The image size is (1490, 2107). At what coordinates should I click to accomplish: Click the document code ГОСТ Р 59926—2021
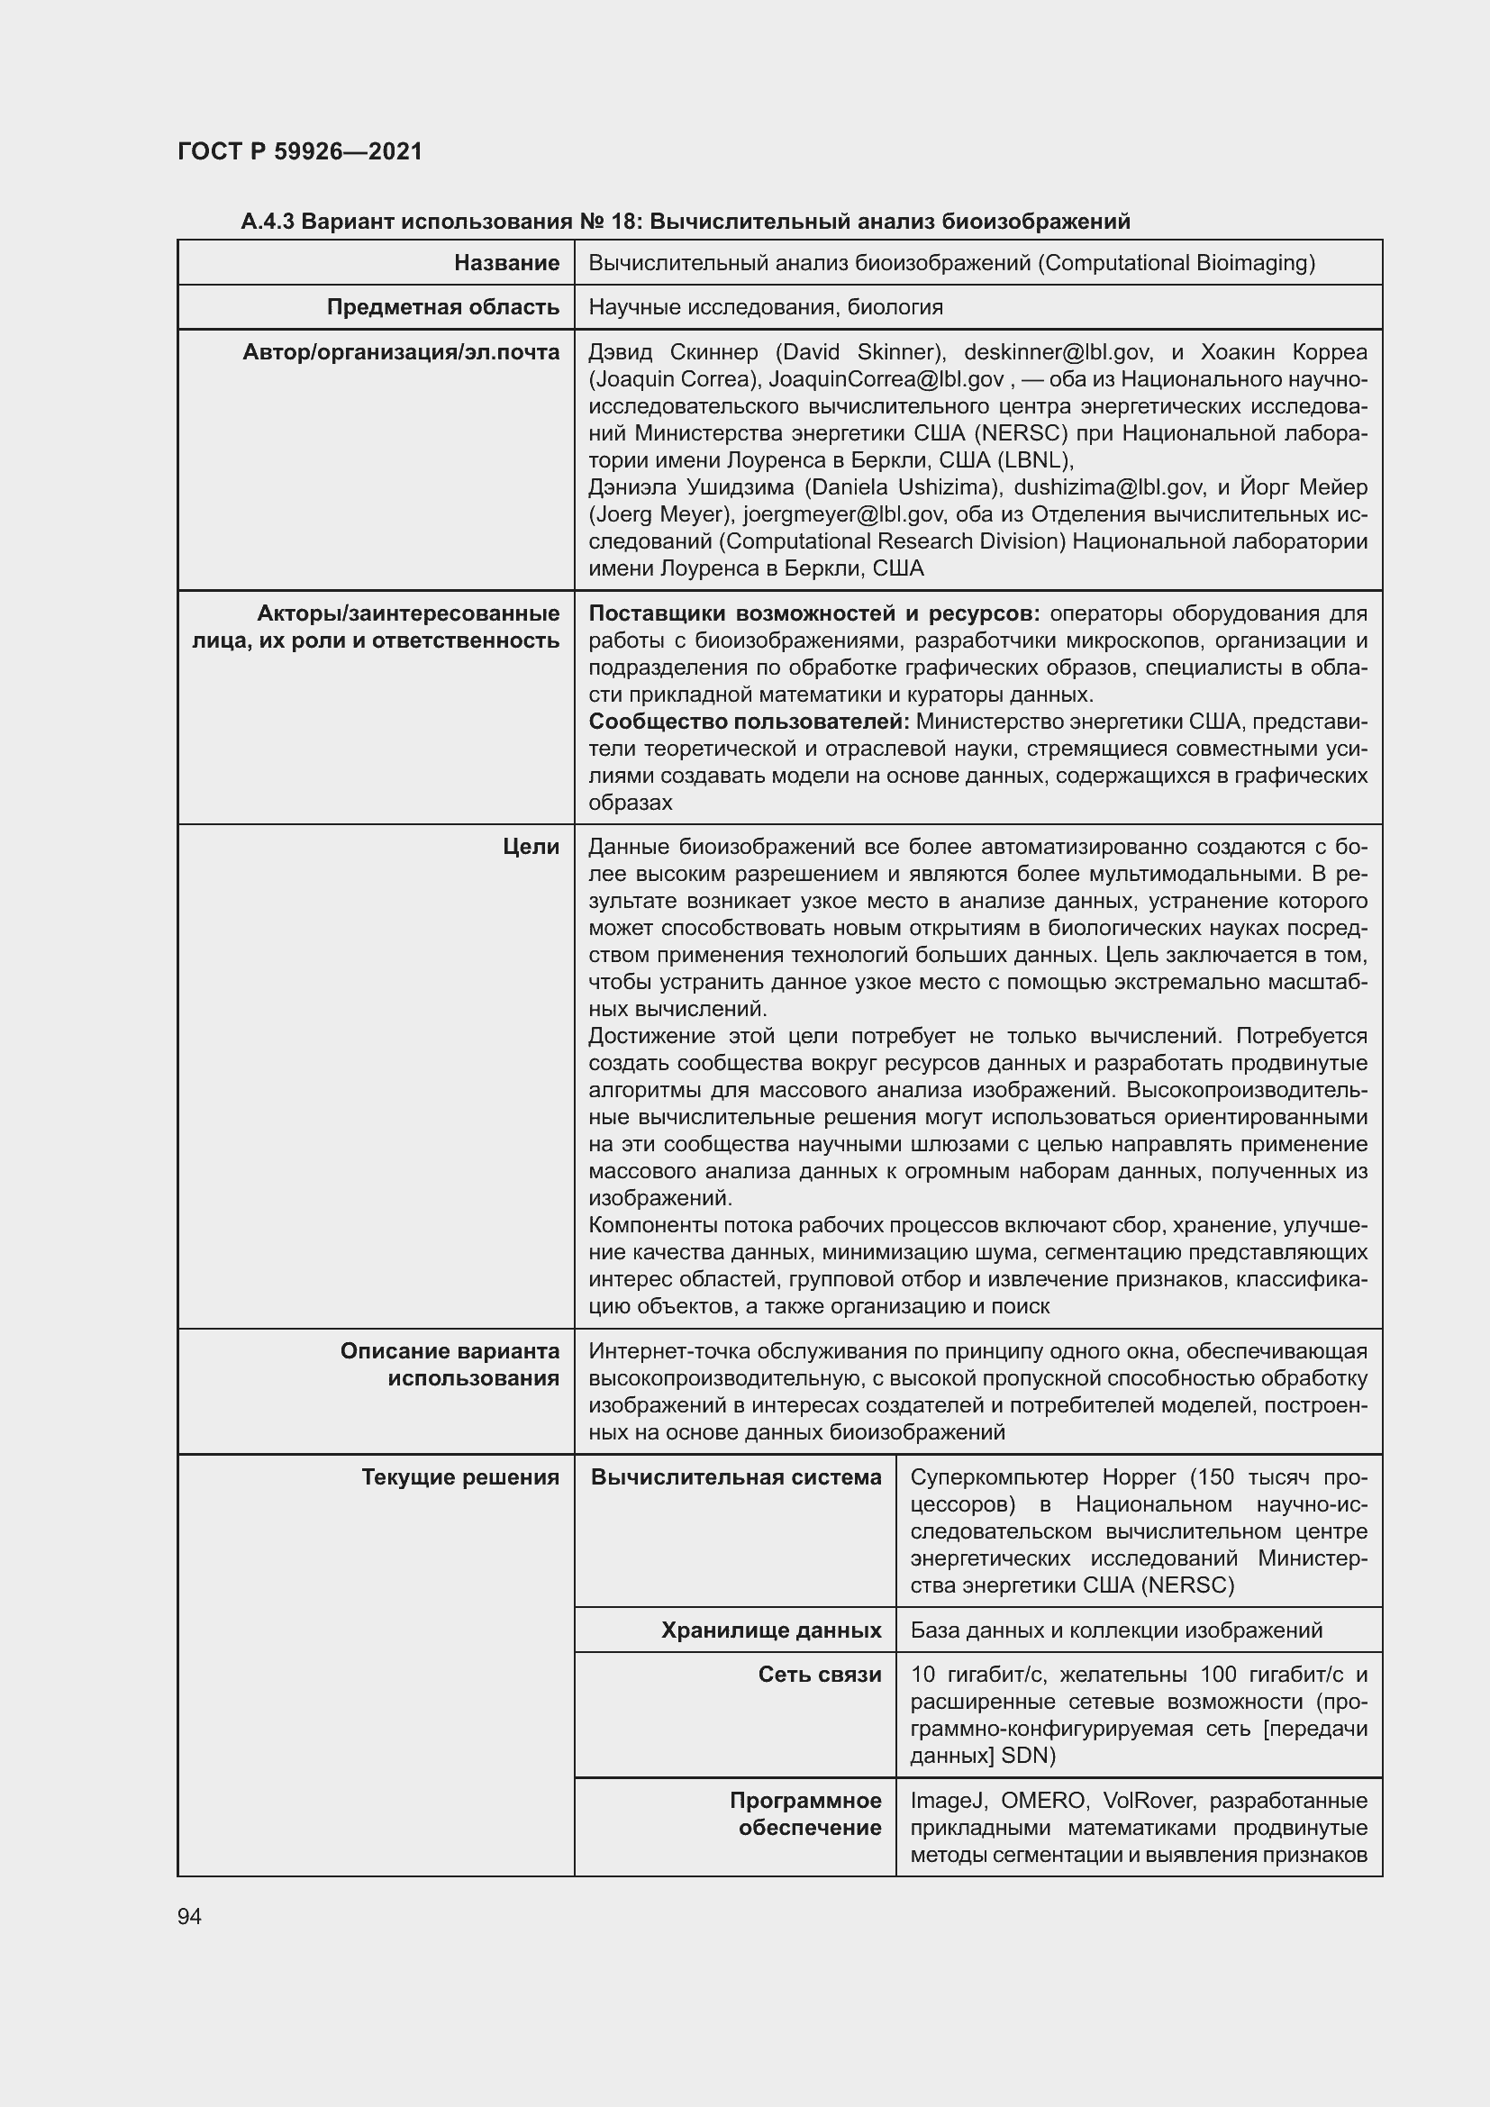point(300,151)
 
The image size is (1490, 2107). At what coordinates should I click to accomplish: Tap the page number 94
point(190,1916)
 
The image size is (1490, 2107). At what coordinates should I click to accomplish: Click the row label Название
point(506,263)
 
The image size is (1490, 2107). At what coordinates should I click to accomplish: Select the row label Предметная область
point(443,307)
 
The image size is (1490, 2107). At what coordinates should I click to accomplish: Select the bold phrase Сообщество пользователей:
point(749,722)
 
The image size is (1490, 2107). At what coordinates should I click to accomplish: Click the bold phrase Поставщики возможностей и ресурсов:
point(813,614)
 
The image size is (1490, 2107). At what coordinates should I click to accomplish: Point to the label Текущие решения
point(459,1477)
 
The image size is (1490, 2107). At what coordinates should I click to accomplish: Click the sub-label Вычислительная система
point(736,1477)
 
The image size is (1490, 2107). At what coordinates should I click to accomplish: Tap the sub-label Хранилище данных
point(771,1630)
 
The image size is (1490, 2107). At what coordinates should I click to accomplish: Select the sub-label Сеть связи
point(819,1675)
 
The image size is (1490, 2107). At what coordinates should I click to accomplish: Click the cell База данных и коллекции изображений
point(1115,1630)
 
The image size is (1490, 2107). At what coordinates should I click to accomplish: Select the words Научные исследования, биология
point(765,307)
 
